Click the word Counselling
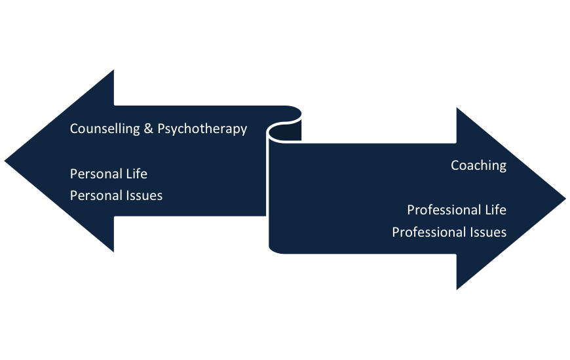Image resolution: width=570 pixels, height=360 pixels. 105,129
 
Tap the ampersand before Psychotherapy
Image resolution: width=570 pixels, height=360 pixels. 150,129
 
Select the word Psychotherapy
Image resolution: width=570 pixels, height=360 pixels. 202,129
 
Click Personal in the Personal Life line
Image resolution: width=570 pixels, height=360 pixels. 96,174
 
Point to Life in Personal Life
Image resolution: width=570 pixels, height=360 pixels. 136,174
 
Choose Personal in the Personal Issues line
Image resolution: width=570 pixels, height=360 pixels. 96,195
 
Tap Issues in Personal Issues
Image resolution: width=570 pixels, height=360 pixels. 144,195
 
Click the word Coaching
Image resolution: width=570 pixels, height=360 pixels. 478,165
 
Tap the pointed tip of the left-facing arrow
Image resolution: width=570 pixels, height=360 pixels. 3,160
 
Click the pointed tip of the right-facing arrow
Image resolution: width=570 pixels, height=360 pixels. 566,197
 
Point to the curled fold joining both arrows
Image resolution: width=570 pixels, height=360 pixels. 286,128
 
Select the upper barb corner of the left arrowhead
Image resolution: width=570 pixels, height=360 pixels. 115,66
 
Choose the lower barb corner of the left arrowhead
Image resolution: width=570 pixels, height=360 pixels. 115,254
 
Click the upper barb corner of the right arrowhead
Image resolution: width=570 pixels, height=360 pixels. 455,104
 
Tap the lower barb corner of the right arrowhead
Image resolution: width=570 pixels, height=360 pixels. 455,292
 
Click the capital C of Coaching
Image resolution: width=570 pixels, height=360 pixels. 455,165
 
